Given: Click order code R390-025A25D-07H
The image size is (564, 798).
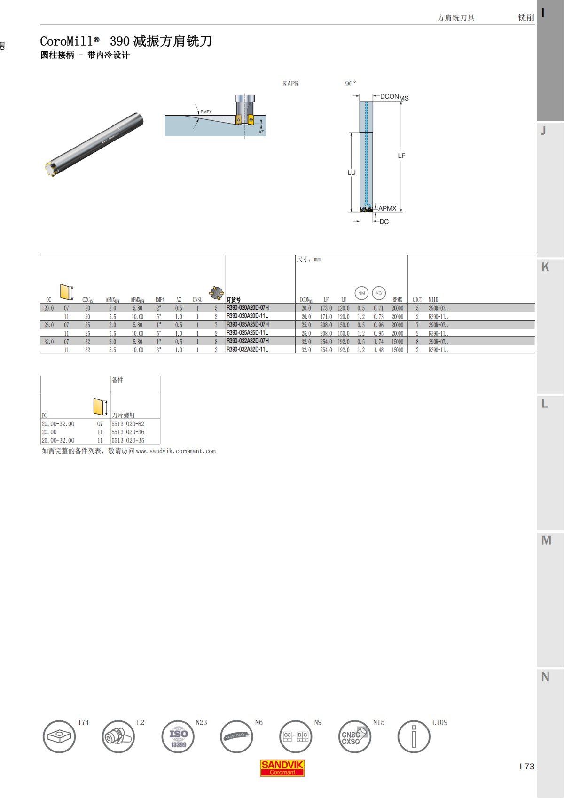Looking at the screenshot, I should point(248,325).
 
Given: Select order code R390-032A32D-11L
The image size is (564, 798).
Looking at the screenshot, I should point(247,350).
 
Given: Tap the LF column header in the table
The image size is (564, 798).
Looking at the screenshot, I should point(326,300).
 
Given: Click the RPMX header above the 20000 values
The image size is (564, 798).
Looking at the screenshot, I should point(397,300).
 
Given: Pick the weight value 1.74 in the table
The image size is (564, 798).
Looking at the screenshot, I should point(378,342).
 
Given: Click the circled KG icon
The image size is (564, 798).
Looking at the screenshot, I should point(379,293).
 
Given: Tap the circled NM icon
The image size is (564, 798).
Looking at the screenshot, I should point(361,293).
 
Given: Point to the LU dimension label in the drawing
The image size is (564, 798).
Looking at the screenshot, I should point(352,172).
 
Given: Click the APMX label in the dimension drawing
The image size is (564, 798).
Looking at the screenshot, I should point(387,208).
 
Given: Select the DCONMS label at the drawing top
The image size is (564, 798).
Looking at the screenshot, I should point(394,97).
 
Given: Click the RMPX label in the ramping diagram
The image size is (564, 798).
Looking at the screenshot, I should point(206,112).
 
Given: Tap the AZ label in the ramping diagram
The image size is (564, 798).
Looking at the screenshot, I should point(261,132).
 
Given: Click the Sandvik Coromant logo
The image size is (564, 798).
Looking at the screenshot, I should point(282,768).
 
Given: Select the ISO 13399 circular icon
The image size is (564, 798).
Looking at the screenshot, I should point(178,737).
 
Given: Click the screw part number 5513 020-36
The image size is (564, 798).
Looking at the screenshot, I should point(128,432).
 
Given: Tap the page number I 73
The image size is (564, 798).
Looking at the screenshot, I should point(527,767).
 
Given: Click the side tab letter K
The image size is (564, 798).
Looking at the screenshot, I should point(545,267).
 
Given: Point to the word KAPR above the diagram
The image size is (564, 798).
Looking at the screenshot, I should point(290,84).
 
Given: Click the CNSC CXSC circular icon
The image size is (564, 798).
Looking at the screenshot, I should point(354,737).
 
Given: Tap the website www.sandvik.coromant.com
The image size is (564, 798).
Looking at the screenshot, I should point(176,451).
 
